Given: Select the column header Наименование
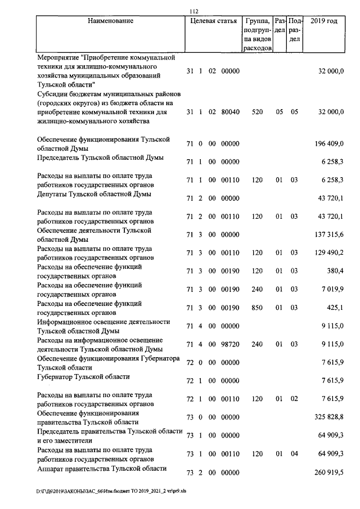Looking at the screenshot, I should pyautogui.click(x=110, y=21).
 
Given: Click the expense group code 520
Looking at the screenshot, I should pyautogui.click(x=257, y=112).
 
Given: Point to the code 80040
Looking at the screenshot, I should pyautogui.click(x=231, y=112).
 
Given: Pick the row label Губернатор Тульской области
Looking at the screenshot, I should pyautogui.click(x=83, y=377).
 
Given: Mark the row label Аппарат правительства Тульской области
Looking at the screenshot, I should pyautogui.click(x=102, y=469).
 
